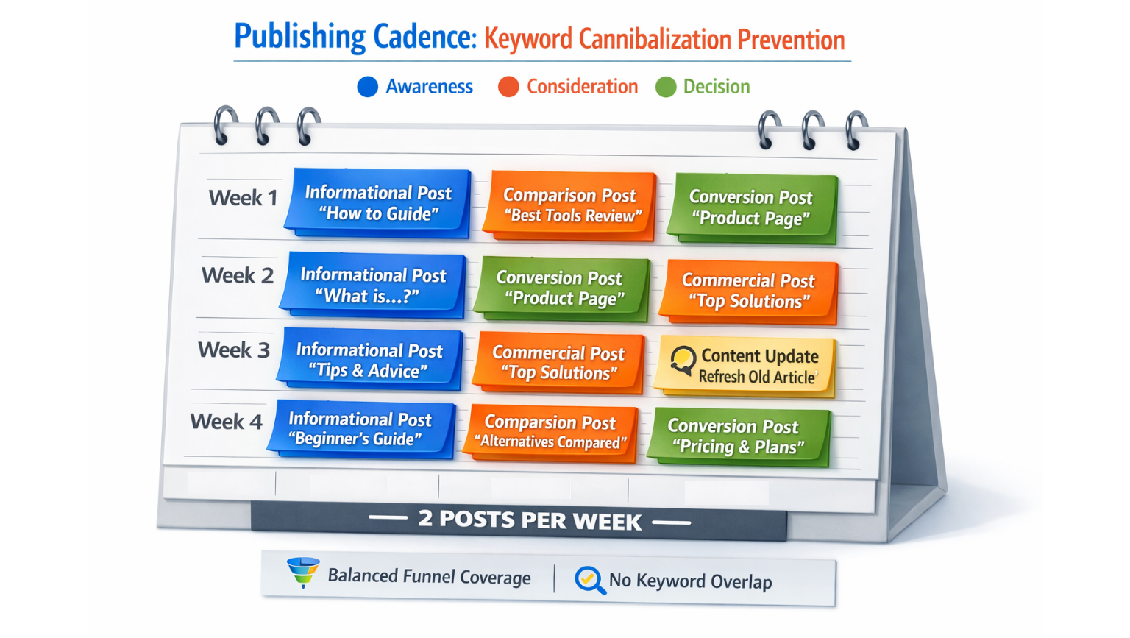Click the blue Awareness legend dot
click(367, 87)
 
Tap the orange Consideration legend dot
click(508, 87)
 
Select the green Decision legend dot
click(666, 88)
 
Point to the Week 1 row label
click(243, 198)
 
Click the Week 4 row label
click(226, 422)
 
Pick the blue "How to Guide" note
click(378, 203)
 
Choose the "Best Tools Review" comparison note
click(570, 205)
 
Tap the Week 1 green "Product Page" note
click(751, 208)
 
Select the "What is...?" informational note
click(373, 285)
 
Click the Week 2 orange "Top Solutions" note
click(748, 291)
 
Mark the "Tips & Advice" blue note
click(369, 360)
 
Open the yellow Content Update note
click(747, 366)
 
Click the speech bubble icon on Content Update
click(683, 361)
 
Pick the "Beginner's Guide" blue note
click(360, 428)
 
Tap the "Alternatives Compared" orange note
click(550, 432)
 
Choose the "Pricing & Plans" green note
click(738, 436)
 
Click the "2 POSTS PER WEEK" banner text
click(530, 520)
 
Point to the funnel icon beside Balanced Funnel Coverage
click(303, 572)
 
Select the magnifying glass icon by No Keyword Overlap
click(590, 580)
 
